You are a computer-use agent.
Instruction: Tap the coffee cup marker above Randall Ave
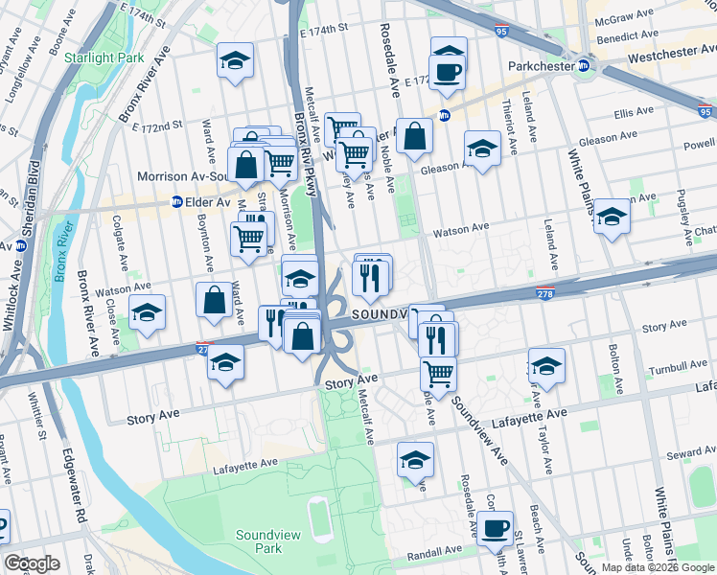[495, 527]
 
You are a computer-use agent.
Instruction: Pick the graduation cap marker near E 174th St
[234, 62]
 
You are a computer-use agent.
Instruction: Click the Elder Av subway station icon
[176, 202]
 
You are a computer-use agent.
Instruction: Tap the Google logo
[33, 563]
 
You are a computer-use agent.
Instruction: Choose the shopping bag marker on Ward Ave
[214, 300]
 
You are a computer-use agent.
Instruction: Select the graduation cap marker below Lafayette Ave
[414, 461]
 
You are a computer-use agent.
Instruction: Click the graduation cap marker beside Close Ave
[147, 313]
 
